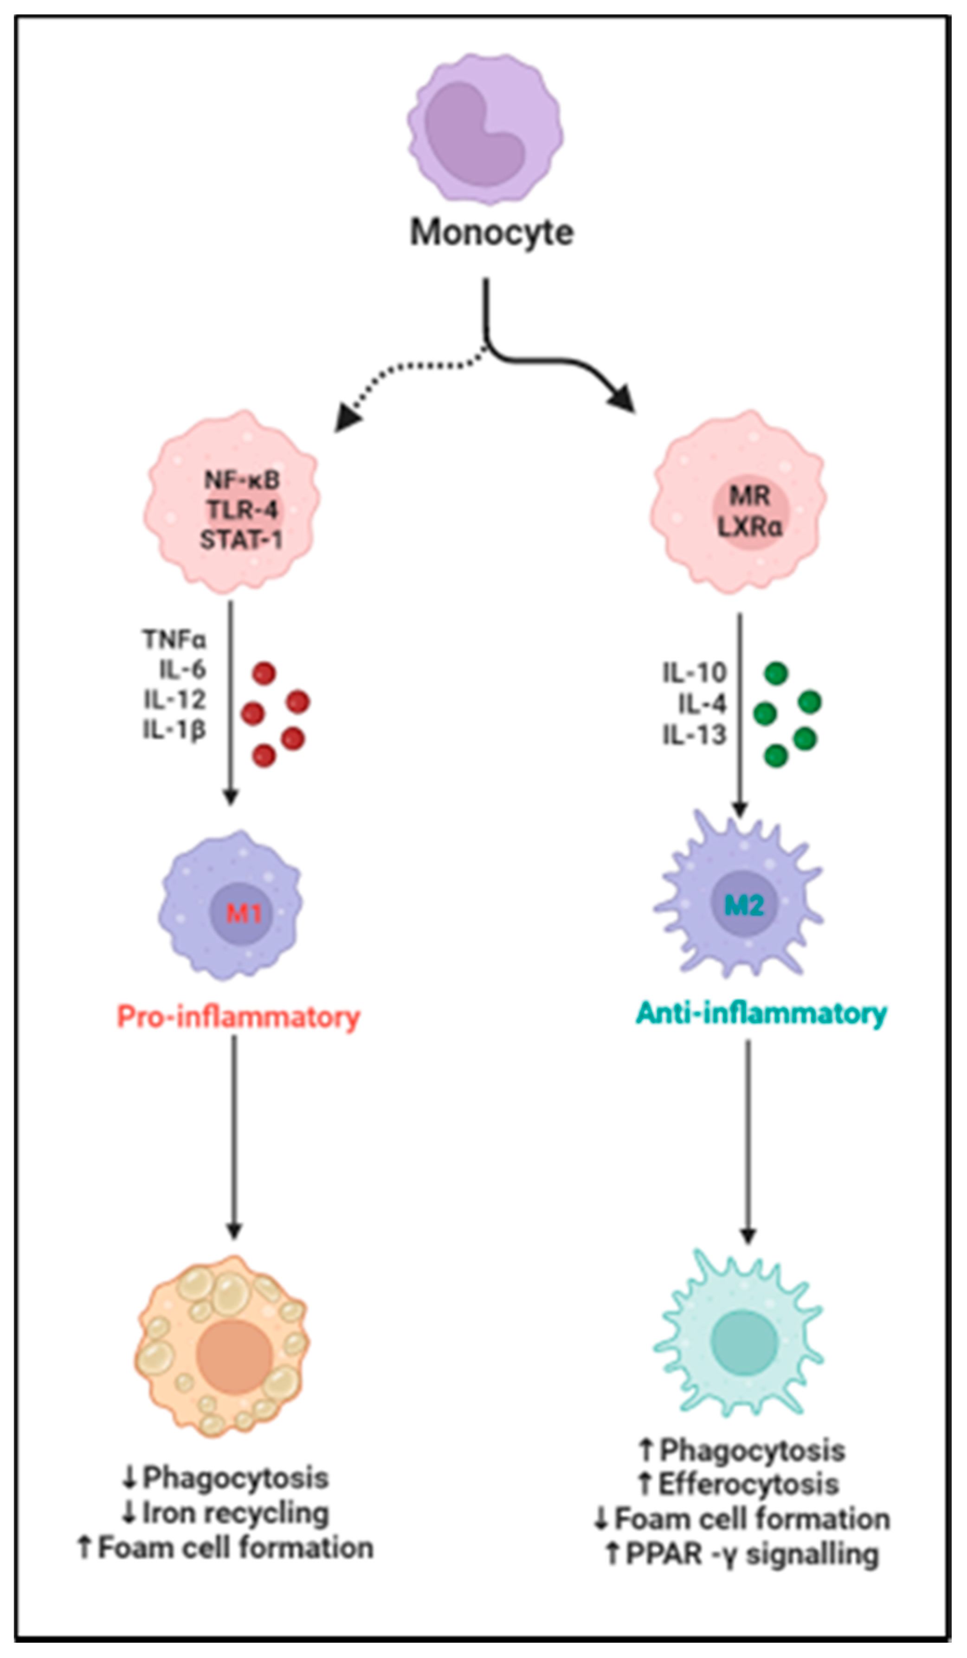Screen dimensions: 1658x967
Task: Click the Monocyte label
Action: pyautogui.click(x=492, y=233)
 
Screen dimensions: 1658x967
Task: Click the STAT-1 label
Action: pyautogui.click(x=241, y=540)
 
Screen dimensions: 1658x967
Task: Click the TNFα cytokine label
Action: pyautogui.click(x=174, y=639)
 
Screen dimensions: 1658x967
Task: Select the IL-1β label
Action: pyautogui.click(x=175, y=729)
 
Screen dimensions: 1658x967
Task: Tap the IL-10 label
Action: pyautogui.click(x=694, y=672)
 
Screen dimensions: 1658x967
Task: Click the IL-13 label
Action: pyautogui.click(x=694, y=734)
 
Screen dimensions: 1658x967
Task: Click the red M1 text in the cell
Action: pyautogui.click(x=244, y=913)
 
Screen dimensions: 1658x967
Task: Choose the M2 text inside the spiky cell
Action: pyautogui.click(x=744, y=906)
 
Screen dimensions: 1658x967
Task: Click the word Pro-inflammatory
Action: pyautogui.click(x=238, y=1017)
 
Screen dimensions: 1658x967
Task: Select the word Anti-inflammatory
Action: pyautogui.click(x=761, y=1013)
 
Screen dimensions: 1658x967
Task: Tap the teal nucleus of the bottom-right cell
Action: pyautogui.click(x=744, y=1342)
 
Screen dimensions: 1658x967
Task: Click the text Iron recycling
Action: pyautogui.click(x=236, y=1513)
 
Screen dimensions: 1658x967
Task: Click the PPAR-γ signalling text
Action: pyautogui.click(x=752, y=1554)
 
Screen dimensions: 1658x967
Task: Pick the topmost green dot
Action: pyautogui.click(x=776, y=674)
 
